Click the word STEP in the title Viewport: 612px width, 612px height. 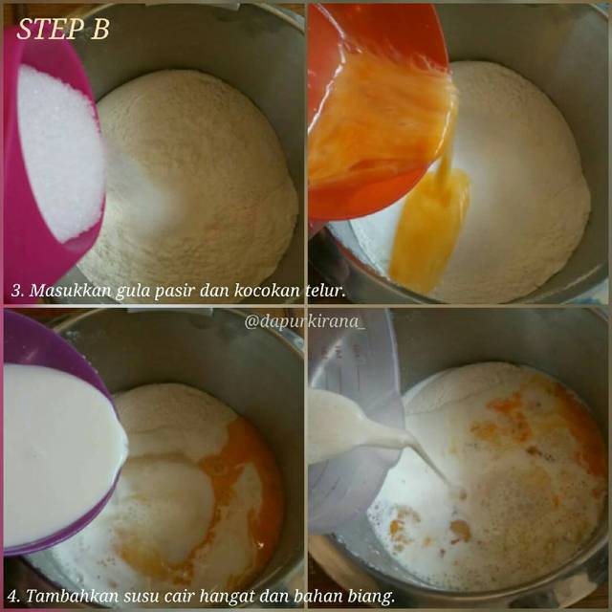click(x=50, y=29)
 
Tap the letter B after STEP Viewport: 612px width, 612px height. click(x=100, y=29)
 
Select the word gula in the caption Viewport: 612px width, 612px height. click(x=132, y=292)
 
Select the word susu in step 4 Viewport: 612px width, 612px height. click(x=142, y=598)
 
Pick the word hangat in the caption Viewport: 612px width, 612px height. click(x=227, y=598)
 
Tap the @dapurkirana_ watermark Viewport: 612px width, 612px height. click(x=305, y=321)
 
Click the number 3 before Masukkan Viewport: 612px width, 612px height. click(x=17, y=291)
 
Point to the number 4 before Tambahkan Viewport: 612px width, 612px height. click(x=14, y=597)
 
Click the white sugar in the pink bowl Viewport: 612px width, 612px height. click(x=59, y=152)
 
